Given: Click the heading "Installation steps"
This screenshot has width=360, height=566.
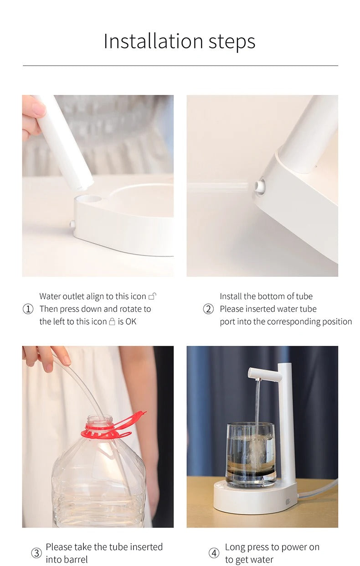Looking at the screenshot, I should [180, 42].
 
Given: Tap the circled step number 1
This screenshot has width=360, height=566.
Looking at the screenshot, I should [28, 309].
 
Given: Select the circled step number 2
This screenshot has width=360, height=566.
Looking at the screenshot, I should [208, 309].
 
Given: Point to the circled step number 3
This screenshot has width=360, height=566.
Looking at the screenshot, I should [36, 553].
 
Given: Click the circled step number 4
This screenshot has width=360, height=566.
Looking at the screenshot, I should [214, 553].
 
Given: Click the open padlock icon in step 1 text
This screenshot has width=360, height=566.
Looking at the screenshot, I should [152, 296].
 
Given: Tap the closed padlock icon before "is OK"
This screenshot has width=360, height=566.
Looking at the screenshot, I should [112, 322].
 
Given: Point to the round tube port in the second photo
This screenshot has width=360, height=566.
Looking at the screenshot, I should [260, 187].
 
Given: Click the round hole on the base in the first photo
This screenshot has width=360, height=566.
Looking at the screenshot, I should [89, 199].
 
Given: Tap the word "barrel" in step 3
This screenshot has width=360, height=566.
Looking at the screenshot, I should [67, 560].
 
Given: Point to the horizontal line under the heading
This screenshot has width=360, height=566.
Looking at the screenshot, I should [180, 66].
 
